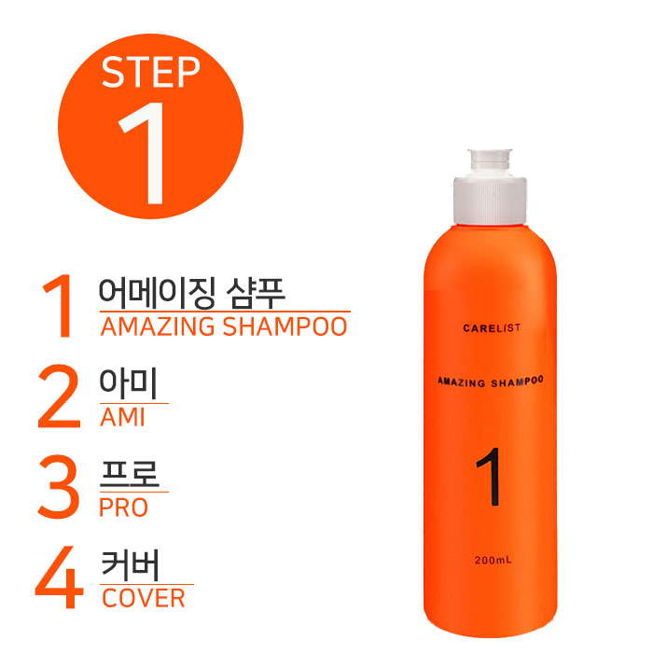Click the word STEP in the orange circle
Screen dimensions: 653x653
pyautogui.click(x=150, y=72)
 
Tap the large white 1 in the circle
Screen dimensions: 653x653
pyautogui.click(x=146, y=153)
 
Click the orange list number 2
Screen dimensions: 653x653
pyautogui.click(x=59, y=396)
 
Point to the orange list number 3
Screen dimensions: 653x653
pyautogui.click(x=59, y=486)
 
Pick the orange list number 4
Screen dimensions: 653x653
pyautogui.click(x=60, y=577)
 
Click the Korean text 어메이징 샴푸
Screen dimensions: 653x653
pyautogui.click(x=192, y=293)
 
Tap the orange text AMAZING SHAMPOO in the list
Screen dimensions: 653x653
pyautogui.click(x=224, y=326)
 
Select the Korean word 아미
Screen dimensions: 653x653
pyautogui.click(x=129, y=383)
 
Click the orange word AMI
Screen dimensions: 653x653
pyautogui.click(x=122, y=417)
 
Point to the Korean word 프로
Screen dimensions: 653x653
pyautogui.click(x=130, y=474)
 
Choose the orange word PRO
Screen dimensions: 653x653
pyautogui.click(x=124, y=507)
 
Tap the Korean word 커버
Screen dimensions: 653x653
pyautogui.click(x=131, y=565)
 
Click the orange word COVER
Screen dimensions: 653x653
pyautogui.click(x=144, y=598)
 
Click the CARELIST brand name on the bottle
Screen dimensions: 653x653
pyautogui.click(x=492, y=328)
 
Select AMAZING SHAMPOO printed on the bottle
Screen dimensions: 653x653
pyautogui.click(x=491, y=382)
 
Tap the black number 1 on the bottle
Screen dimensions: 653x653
pyautogui.click(x=490, y=477)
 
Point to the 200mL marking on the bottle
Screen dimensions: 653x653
pyautogui.click(x=493, y=560)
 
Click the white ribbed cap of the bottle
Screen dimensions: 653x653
pyautogui.click(x=490, y=201)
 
